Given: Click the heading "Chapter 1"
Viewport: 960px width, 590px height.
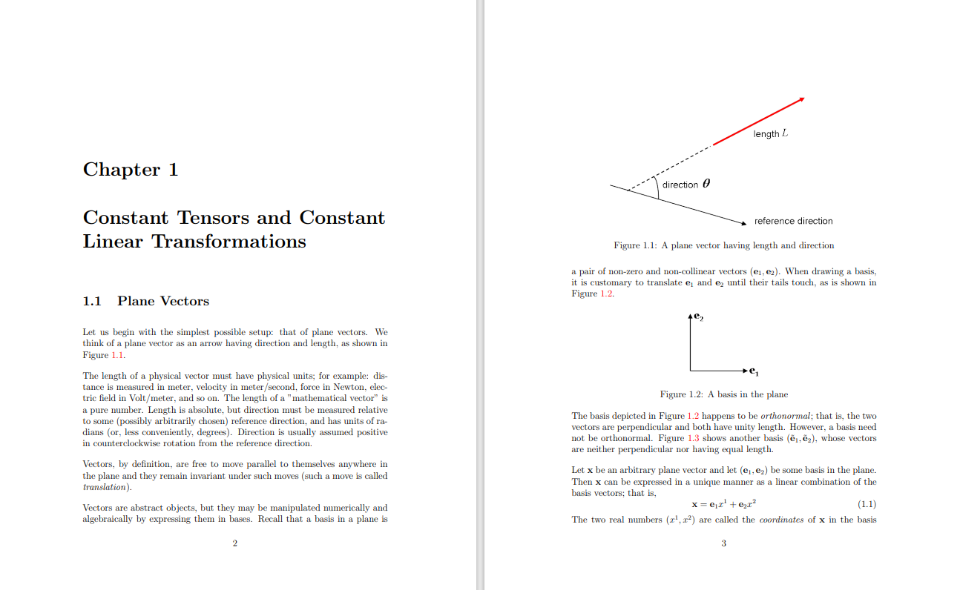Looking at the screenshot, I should (x=131, y=170).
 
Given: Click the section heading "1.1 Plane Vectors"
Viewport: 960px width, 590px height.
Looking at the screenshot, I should (x=146, y=301).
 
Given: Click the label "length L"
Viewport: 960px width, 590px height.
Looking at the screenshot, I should (x=770, y=133).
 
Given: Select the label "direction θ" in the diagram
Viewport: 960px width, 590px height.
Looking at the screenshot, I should (x=686, y=185).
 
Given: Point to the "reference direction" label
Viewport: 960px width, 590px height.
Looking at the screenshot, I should (x=793, y=221).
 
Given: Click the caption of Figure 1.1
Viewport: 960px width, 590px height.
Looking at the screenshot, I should (x=723, y=245).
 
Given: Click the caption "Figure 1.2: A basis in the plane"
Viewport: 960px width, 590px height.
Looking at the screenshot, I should (x=723, y=394).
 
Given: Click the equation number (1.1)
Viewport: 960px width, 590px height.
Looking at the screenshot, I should (x=867, y=505).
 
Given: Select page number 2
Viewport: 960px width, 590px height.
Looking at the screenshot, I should (x=234, y=543).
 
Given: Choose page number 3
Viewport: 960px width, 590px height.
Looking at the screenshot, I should (x=723, y=543).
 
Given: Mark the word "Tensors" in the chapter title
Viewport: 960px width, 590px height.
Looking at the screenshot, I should (x=214, y=218).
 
